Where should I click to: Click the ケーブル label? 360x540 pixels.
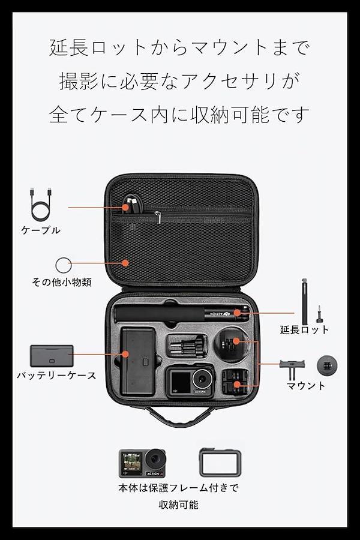coord(41,230)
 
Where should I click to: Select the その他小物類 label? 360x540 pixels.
coord(62,282)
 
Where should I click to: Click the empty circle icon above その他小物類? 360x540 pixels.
coord(64,265)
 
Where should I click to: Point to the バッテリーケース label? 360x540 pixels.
coord(56,375)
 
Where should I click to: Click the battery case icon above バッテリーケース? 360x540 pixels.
coord(52,356)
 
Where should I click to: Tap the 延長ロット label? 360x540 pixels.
coord(304,329)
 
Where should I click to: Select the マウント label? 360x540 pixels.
coord(306,385)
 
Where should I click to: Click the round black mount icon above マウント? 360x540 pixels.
coord(327,366)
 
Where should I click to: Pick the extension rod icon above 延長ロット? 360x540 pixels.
coord(305,301)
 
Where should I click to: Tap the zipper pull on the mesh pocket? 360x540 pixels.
coord(158,218)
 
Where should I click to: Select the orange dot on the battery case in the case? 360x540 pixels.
coord(125,354)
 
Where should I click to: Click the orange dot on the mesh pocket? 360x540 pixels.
coord(125,263)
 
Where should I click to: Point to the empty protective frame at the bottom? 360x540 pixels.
coord(220,463)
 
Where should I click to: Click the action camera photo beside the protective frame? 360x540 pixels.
coord(142,463)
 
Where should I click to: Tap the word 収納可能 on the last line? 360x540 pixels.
coord(178,505)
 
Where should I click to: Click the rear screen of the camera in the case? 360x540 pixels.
coord(181,383)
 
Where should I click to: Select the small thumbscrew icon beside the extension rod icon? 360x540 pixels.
coord(319,314)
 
